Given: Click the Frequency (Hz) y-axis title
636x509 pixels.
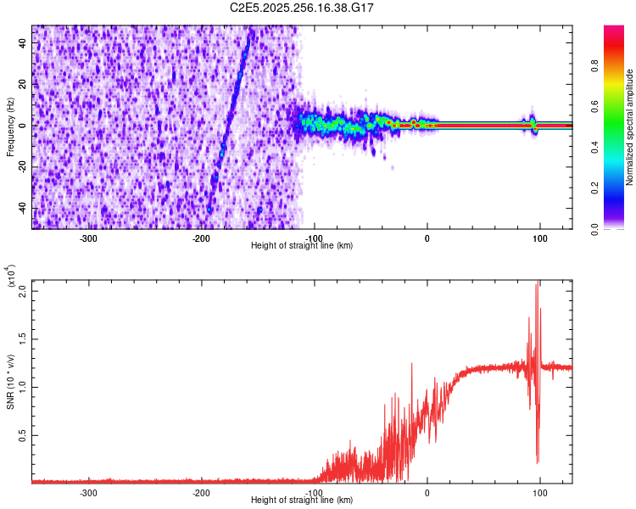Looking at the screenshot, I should [11, 126].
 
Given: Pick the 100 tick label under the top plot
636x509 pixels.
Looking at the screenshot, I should [540, 238].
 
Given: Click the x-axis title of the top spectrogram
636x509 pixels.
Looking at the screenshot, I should [302, 246].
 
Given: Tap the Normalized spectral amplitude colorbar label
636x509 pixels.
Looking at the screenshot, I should [629, 127].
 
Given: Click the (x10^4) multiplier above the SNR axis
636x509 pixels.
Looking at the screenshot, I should [11, 277].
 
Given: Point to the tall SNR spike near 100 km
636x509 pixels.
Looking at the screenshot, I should [537, 293].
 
